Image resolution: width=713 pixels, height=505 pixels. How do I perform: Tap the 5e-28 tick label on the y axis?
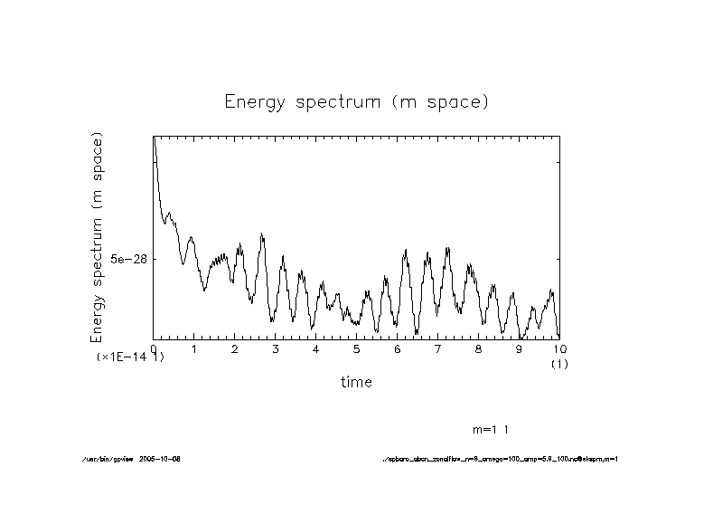[128, 259]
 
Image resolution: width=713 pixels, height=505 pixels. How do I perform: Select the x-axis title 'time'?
[356, 382]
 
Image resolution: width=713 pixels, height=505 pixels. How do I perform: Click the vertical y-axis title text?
[98, 237]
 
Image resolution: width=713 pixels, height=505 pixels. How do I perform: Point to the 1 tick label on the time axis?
[194, 348]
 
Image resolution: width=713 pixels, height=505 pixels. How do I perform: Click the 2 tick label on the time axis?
[235, 348]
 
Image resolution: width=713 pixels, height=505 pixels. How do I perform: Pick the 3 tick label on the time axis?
[276, 348]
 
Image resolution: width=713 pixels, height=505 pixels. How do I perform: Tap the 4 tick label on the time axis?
[316, 348]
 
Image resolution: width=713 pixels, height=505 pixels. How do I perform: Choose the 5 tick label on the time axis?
[357, 348]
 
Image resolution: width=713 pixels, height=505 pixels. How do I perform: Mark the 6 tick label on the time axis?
[398, 348]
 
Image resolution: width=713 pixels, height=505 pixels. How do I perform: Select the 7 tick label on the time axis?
[438, 348]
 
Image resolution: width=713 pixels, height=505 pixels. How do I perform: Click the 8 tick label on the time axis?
[479, 348]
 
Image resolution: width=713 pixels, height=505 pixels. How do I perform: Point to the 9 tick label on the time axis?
[520, 348]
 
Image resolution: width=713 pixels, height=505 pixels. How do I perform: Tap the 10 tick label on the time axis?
[559, 348]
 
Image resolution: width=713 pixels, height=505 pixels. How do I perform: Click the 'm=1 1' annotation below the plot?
[496, 428]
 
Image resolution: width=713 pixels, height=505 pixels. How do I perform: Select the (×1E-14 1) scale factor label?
[130, 357]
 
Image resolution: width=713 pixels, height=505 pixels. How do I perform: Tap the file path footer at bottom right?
[501, 459]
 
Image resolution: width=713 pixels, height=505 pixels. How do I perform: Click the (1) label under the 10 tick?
[559, 363]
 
